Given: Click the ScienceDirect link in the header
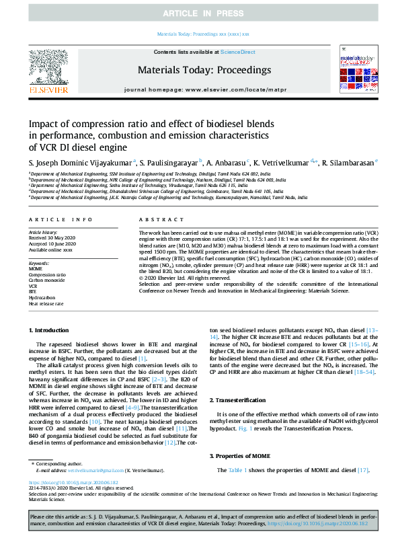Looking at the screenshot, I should (238, 52).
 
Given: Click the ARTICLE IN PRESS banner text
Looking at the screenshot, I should (200, 13).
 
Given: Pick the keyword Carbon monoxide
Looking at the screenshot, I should (48, 280).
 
